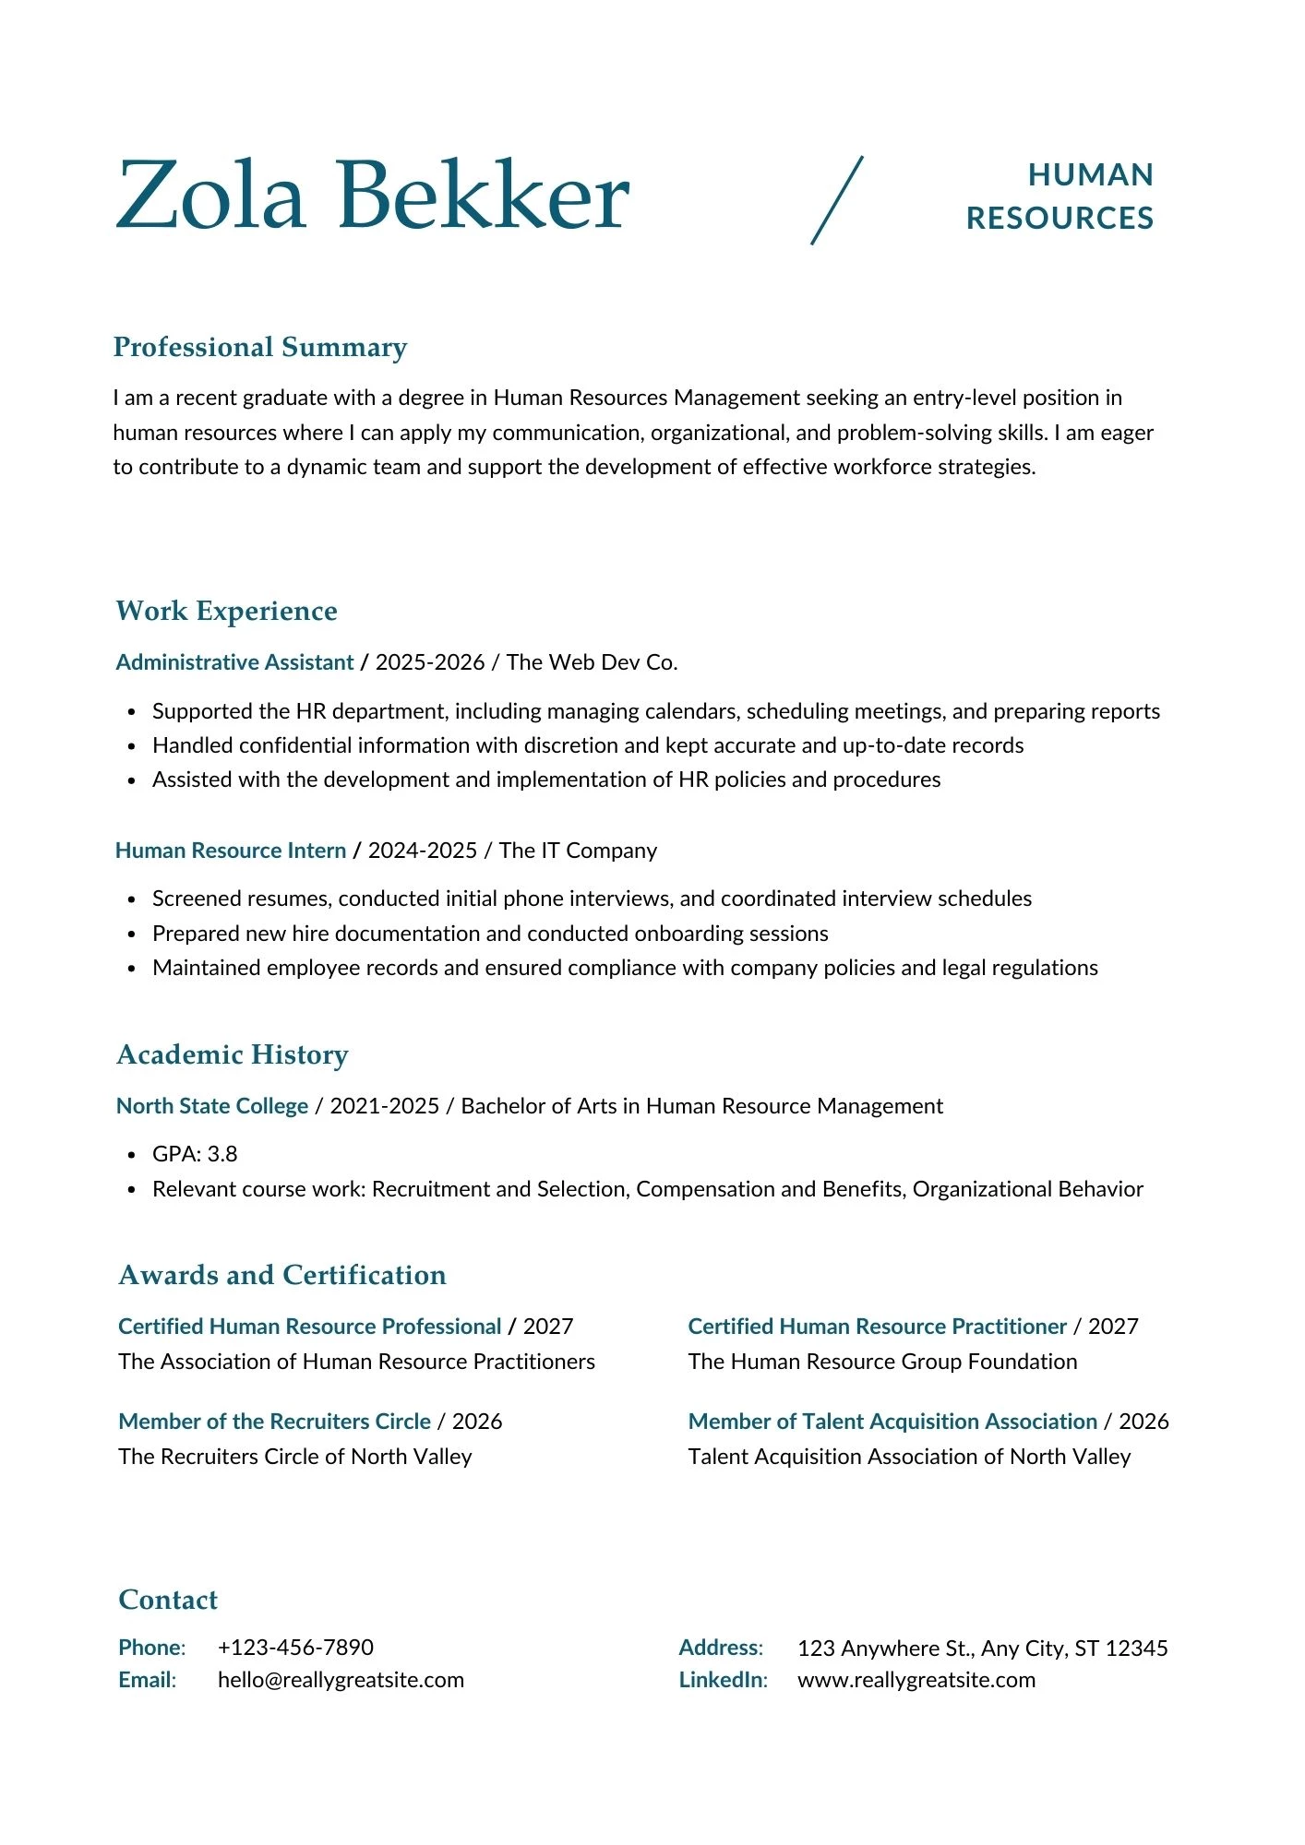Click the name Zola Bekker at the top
[x=372, y=196]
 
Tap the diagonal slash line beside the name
[x=837, y=200]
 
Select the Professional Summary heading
[x=259, y=347]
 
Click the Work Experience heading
[x=226, y=611]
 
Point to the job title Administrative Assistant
[x=234, y=662]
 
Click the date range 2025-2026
[x=430, y=662]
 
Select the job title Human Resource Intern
[x=231, y=851]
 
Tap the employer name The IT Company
[x=578, y=851]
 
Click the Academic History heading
[x=233, y=1054]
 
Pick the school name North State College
[x=212, y=1106]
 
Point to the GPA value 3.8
[x=222, y=1154]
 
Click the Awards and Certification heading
[x=282, y=1275]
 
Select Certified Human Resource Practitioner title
[x=877, y=1327]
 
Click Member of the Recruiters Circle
[x=275, y=1422]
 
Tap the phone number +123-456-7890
[x=295, y=1648]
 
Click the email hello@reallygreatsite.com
[x=341, y=1680]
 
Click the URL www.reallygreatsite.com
[x=916, y=1680]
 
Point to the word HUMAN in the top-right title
[x=1091, y=175]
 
